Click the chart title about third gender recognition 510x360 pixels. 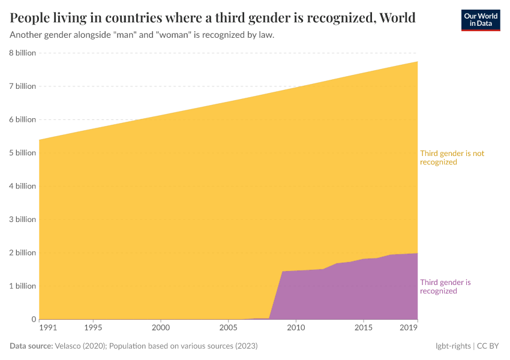point(212,17)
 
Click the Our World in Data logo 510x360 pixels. point(480,20)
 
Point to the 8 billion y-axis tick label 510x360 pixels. point(23,53)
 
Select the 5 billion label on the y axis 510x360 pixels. point(23,153)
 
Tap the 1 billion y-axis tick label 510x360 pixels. point(23,286)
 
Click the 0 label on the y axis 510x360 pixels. point(33,319)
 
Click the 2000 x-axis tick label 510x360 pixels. point(160,328)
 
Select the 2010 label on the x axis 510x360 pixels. point(295,328)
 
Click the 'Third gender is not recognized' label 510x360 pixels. point(452,158)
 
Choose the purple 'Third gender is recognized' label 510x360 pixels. point(445,287)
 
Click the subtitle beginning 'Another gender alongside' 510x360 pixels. point(142,35)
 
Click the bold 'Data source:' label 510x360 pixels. point(31,346)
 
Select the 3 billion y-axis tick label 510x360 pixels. point(23,220)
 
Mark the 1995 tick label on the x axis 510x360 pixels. point(93,328)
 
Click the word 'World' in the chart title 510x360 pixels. point(397,17)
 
